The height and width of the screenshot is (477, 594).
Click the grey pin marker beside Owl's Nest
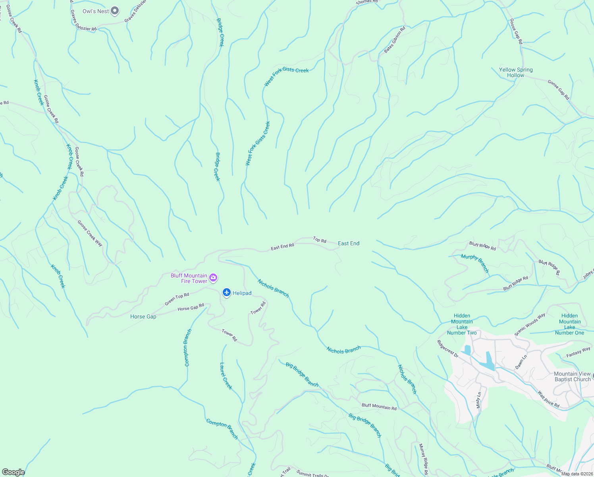point(115,11)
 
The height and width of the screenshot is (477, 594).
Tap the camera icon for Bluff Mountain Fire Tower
point(213,277)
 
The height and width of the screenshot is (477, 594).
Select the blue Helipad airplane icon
point(227,293)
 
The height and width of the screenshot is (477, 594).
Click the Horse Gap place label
point(143,317)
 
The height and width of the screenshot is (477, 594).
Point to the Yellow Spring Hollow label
point(516,72)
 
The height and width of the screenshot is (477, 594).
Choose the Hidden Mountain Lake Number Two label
point(462,324)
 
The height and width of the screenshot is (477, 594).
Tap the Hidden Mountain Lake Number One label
point(569,324)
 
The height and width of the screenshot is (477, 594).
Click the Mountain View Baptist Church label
point(572,376)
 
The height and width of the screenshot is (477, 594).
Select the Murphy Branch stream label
point(475,263)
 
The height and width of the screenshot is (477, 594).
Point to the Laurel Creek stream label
point(226,376)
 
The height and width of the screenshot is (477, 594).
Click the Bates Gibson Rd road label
point(395,40)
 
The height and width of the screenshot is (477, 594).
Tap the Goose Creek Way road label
point(90,233)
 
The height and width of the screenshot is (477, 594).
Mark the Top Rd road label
point(320,240)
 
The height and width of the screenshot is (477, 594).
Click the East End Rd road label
point(282,247)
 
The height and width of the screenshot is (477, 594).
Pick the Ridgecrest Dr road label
point(447,349)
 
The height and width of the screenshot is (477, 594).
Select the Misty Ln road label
point(478,400)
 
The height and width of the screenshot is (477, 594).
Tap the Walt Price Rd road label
point(548,399)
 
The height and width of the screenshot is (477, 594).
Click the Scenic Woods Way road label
point(530,325)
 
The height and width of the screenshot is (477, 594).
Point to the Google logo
point(13,472)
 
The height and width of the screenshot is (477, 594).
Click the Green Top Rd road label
point(177,299)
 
